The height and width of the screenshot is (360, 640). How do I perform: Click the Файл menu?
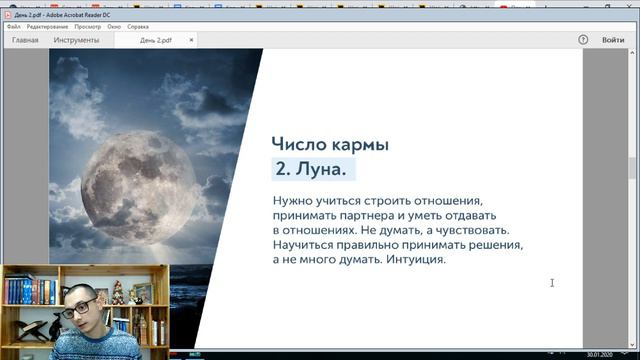pyautogui.click(x=12, y=26)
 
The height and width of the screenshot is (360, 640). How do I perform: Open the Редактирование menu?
pyautogui.click(x=47, y=26)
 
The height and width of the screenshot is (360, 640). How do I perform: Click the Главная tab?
pyautogui.click(x=25, y=40)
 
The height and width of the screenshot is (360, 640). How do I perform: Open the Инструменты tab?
pyautogui.click(x=76, y=40)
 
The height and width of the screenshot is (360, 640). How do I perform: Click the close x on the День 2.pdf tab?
pyautogui.click(x=192, y=40)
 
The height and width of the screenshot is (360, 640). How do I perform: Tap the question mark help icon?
pyautogui.click(x=583, y=40)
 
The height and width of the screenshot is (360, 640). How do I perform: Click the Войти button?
pyautogui.click(x=613, y=40)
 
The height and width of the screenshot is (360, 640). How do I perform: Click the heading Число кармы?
pyautogui.click(x=330, y=144)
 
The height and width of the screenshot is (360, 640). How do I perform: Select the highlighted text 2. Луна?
pyautogui.click(x=315, y=169)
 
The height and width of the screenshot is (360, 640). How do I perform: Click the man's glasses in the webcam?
pyautogui.click(x=81, y=305)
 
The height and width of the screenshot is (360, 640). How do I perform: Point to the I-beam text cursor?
pyautogui.click(x=552, y=283)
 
